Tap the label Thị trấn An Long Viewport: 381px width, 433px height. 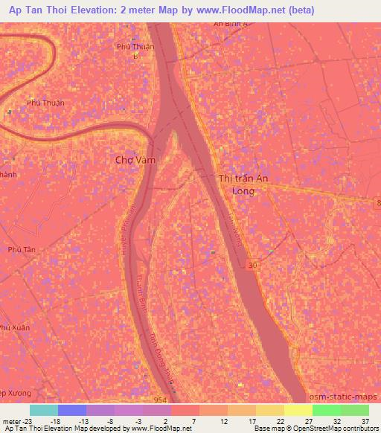[243, 185]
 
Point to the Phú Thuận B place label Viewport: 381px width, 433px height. [135, 51]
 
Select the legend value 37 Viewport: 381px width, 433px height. [365, 421]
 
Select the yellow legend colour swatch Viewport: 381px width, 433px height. [298, 410]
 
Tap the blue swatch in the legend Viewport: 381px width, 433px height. [72, 410]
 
